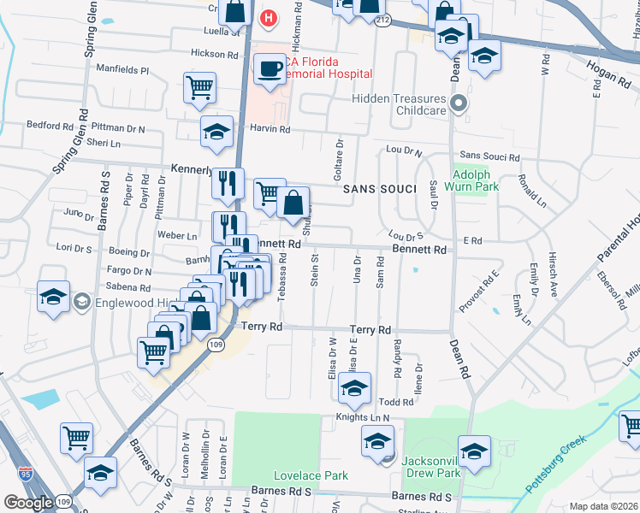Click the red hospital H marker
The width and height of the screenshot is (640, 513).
point(270,18)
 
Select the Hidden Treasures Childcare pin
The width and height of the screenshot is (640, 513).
point(459,105)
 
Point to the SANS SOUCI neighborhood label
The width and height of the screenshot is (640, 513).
point(380,189)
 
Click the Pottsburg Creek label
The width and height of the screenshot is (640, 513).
point(556,463)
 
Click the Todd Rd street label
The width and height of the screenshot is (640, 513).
point(395,402)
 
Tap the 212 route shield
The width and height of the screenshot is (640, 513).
point(382,19)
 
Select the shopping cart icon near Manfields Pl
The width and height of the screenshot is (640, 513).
point(199,86)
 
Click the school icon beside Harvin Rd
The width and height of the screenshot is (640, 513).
point(216,132)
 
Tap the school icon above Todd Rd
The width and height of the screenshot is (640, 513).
point(354,388)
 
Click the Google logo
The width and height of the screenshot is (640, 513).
point(28,502)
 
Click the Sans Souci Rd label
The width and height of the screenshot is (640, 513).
point(489,157)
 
